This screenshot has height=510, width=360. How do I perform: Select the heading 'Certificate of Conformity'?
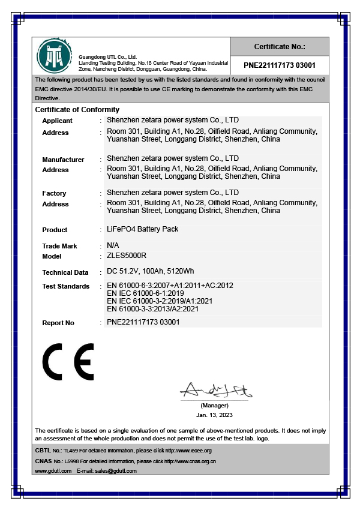[x=77, y=110]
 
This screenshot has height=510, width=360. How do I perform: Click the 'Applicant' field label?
[x=57, y=121]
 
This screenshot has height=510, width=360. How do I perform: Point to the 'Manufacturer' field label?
[x=63, y=160]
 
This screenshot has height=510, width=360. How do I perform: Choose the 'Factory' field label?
[x=54, y=193]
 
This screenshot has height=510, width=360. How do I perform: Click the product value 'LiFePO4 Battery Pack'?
[x=142, y=229]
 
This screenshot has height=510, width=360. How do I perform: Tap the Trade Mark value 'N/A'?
[x=113, y=245]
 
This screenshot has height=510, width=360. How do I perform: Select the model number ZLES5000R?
[x=126, y=256]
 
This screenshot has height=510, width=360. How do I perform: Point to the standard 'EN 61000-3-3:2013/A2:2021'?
[x=160, y=308]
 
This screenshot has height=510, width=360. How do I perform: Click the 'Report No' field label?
[x=58, y=323]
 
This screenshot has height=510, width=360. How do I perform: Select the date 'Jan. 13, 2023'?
[x=214, y=415]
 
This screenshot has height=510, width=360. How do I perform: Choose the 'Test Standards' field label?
[x=65, y=286]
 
